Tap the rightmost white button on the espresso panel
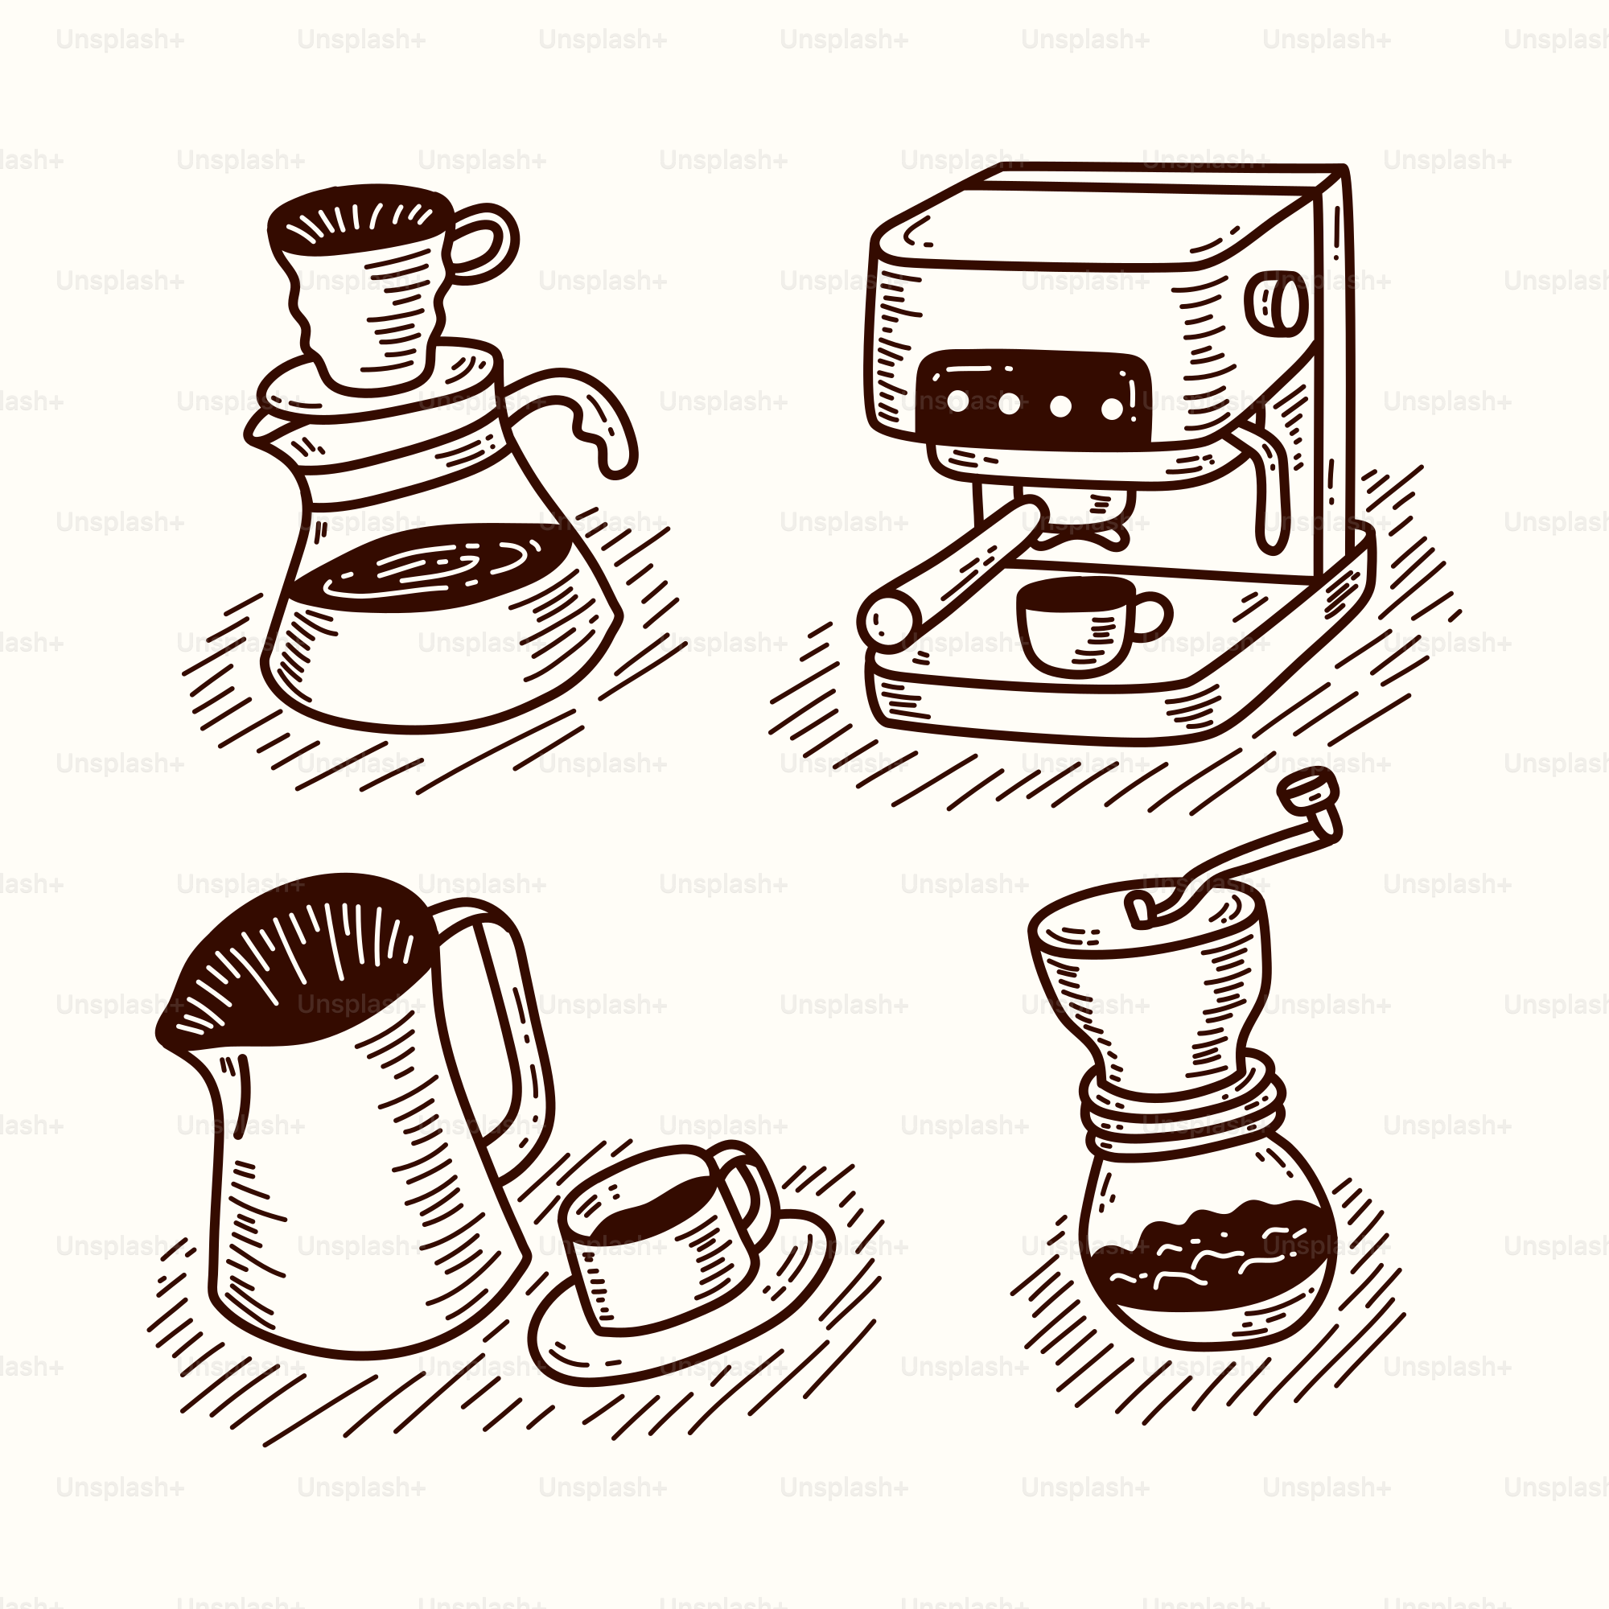click(x=1113, y=409)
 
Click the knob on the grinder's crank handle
click(x=1308, y=788)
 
